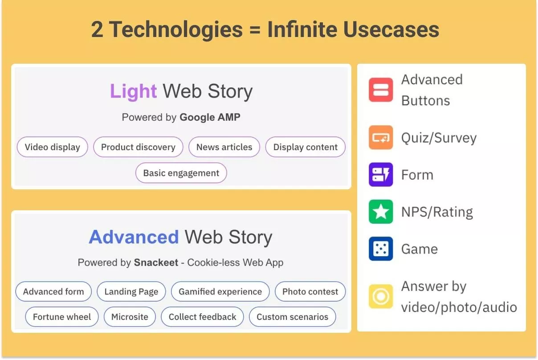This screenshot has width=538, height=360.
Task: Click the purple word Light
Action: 133,92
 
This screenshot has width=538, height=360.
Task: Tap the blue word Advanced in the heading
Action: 134,237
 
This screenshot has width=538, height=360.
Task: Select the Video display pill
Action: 53,147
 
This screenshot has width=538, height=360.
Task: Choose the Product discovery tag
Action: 138,147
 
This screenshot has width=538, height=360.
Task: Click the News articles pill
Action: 224,147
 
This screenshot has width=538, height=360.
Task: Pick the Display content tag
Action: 305,147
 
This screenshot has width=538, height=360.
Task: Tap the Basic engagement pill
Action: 181,173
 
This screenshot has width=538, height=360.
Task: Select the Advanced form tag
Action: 53,291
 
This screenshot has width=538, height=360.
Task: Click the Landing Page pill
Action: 131,291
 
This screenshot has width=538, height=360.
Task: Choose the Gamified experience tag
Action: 220,291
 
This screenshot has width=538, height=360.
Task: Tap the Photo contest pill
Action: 310,291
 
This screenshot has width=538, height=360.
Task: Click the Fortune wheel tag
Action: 62,317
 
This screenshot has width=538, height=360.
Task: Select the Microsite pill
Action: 130,317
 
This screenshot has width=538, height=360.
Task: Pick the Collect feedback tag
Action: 203,317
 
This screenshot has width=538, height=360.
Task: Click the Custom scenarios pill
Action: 292,317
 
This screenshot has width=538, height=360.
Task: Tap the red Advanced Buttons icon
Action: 381,90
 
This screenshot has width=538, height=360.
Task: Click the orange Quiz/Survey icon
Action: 381,138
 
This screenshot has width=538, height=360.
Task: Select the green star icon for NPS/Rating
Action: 381,212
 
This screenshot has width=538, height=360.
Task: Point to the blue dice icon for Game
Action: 381,249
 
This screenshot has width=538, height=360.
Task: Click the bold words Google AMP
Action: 210,117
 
